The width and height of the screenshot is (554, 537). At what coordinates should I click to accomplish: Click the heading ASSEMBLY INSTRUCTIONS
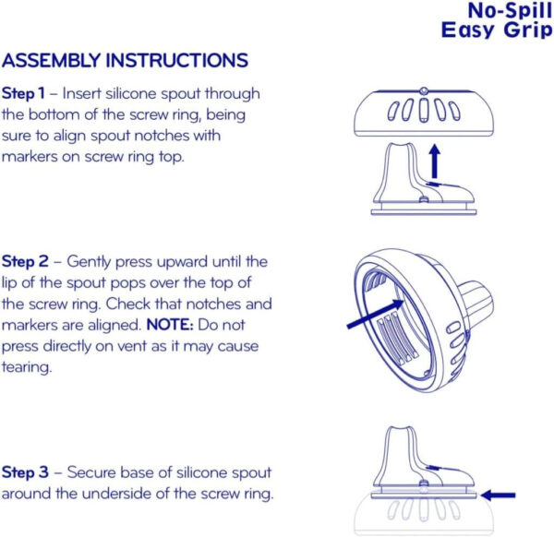pyautogui.click(x=125, y=61)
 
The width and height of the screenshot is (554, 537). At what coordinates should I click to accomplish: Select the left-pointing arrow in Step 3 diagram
pyautogui.click(x=500, y=495)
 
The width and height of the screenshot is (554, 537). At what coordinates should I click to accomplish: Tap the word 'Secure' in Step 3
pyautogui.click(x=80, y=472)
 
